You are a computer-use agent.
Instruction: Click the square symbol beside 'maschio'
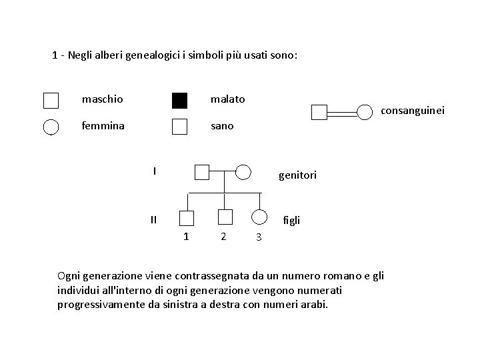coord(51,101)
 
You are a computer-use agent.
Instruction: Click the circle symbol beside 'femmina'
coord(51,127)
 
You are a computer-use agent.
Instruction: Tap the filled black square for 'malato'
coord(179,101)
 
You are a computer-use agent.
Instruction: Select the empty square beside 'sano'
coord(179,127)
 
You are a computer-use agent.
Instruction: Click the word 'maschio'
coord(102,99)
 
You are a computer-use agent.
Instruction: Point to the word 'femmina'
coord(103,125)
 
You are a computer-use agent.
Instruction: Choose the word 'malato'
coord(227,99)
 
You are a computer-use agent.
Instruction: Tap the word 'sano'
coord(222,125)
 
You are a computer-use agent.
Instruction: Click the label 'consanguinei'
coord(412,111)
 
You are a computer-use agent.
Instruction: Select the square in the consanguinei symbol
coord(320,113)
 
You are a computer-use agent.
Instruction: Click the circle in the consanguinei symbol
coord(365,113)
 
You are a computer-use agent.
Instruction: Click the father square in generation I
coord(202,173)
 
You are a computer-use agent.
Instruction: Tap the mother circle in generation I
coord(244,173)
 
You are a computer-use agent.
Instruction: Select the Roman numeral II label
coord(153,219)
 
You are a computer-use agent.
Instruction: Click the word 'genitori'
coord(297,175)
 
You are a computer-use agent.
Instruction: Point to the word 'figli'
coord(291,219)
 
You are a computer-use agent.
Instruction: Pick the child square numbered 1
coord(187,217)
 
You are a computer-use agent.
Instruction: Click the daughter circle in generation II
coord(259,217)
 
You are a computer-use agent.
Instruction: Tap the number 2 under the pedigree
coord(223,236)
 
